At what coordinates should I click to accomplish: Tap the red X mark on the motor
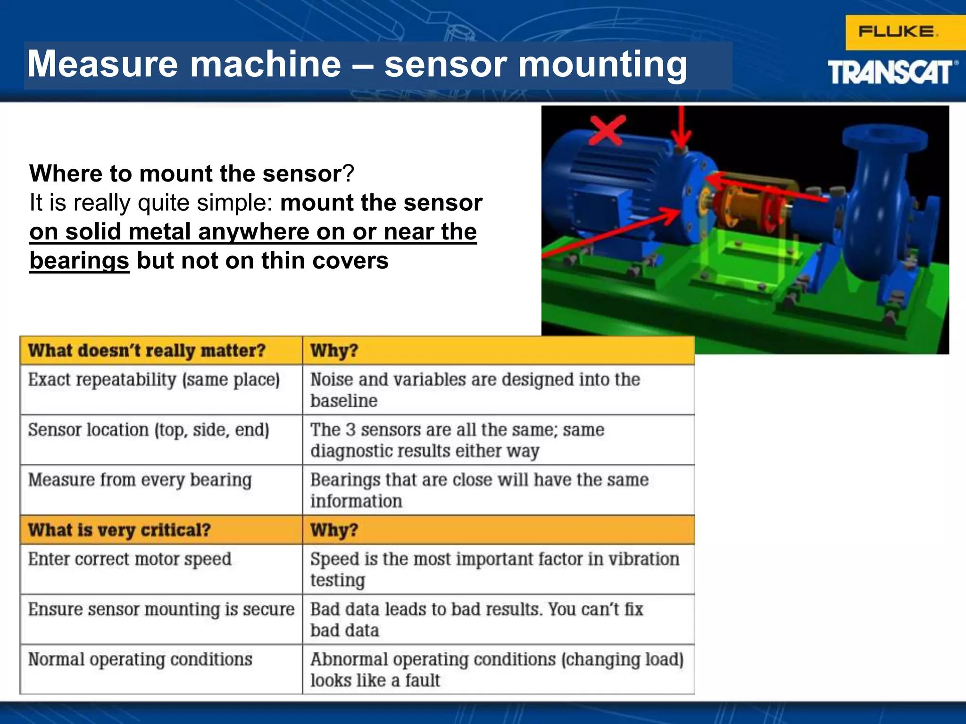(x=608, y=130)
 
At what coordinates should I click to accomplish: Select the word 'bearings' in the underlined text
(x=79, y=261)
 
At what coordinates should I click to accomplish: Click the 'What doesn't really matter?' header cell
(x=147, y=351)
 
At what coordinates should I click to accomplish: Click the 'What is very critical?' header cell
(x=119, y=530)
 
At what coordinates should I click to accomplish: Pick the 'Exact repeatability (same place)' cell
(x=154, y=380)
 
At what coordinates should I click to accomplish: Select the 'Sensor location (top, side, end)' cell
(x=149, y=430)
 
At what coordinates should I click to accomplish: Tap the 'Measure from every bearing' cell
(x=140, y=480)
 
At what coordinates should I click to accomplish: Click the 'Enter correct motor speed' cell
(x=130, y=559)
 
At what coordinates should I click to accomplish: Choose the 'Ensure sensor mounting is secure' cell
(x=161, y=609)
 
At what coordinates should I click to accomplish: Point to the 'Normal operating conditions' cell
(x=140, y=659)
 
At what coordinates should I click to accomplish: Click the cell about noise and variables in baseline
(x=475, y=390)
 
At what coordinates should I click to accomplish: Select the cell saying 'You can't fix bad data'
(x=476, y=619)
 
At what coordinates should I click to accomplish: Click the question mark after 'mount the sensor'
(x=349, y=173)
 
